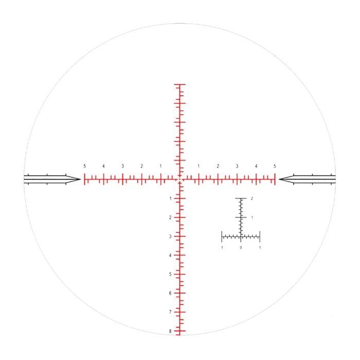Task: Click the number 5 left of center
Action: point(84,166)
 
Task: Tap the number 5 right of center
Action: point(275,166)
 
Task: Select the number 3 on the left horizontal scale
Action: point(122,166)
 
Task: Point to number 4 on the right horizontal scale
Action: point(256,166)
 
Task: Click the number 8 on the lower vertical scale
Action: point(170,331)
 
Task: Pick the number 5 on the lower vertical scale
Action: point(170,274)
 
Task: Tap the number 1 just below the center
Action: point(170,198)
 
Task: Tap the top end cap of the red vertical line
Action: point(179,84)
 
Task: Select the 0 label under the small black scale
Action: point(241,248)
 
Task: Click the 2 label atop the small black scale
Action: point(252,199)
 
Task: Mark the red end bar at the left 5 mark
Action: point(84,179)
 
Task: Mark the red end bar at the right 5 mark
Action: point(275,179)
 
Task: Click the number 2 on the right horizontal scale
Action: point(218,166)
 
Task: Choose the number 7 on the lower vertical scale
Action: point(170,312)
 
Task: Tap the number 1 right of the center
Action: point(199,166)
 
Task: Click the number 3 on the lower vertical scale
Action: point(170,236)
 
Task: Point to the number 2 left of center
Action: point(141,166)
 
